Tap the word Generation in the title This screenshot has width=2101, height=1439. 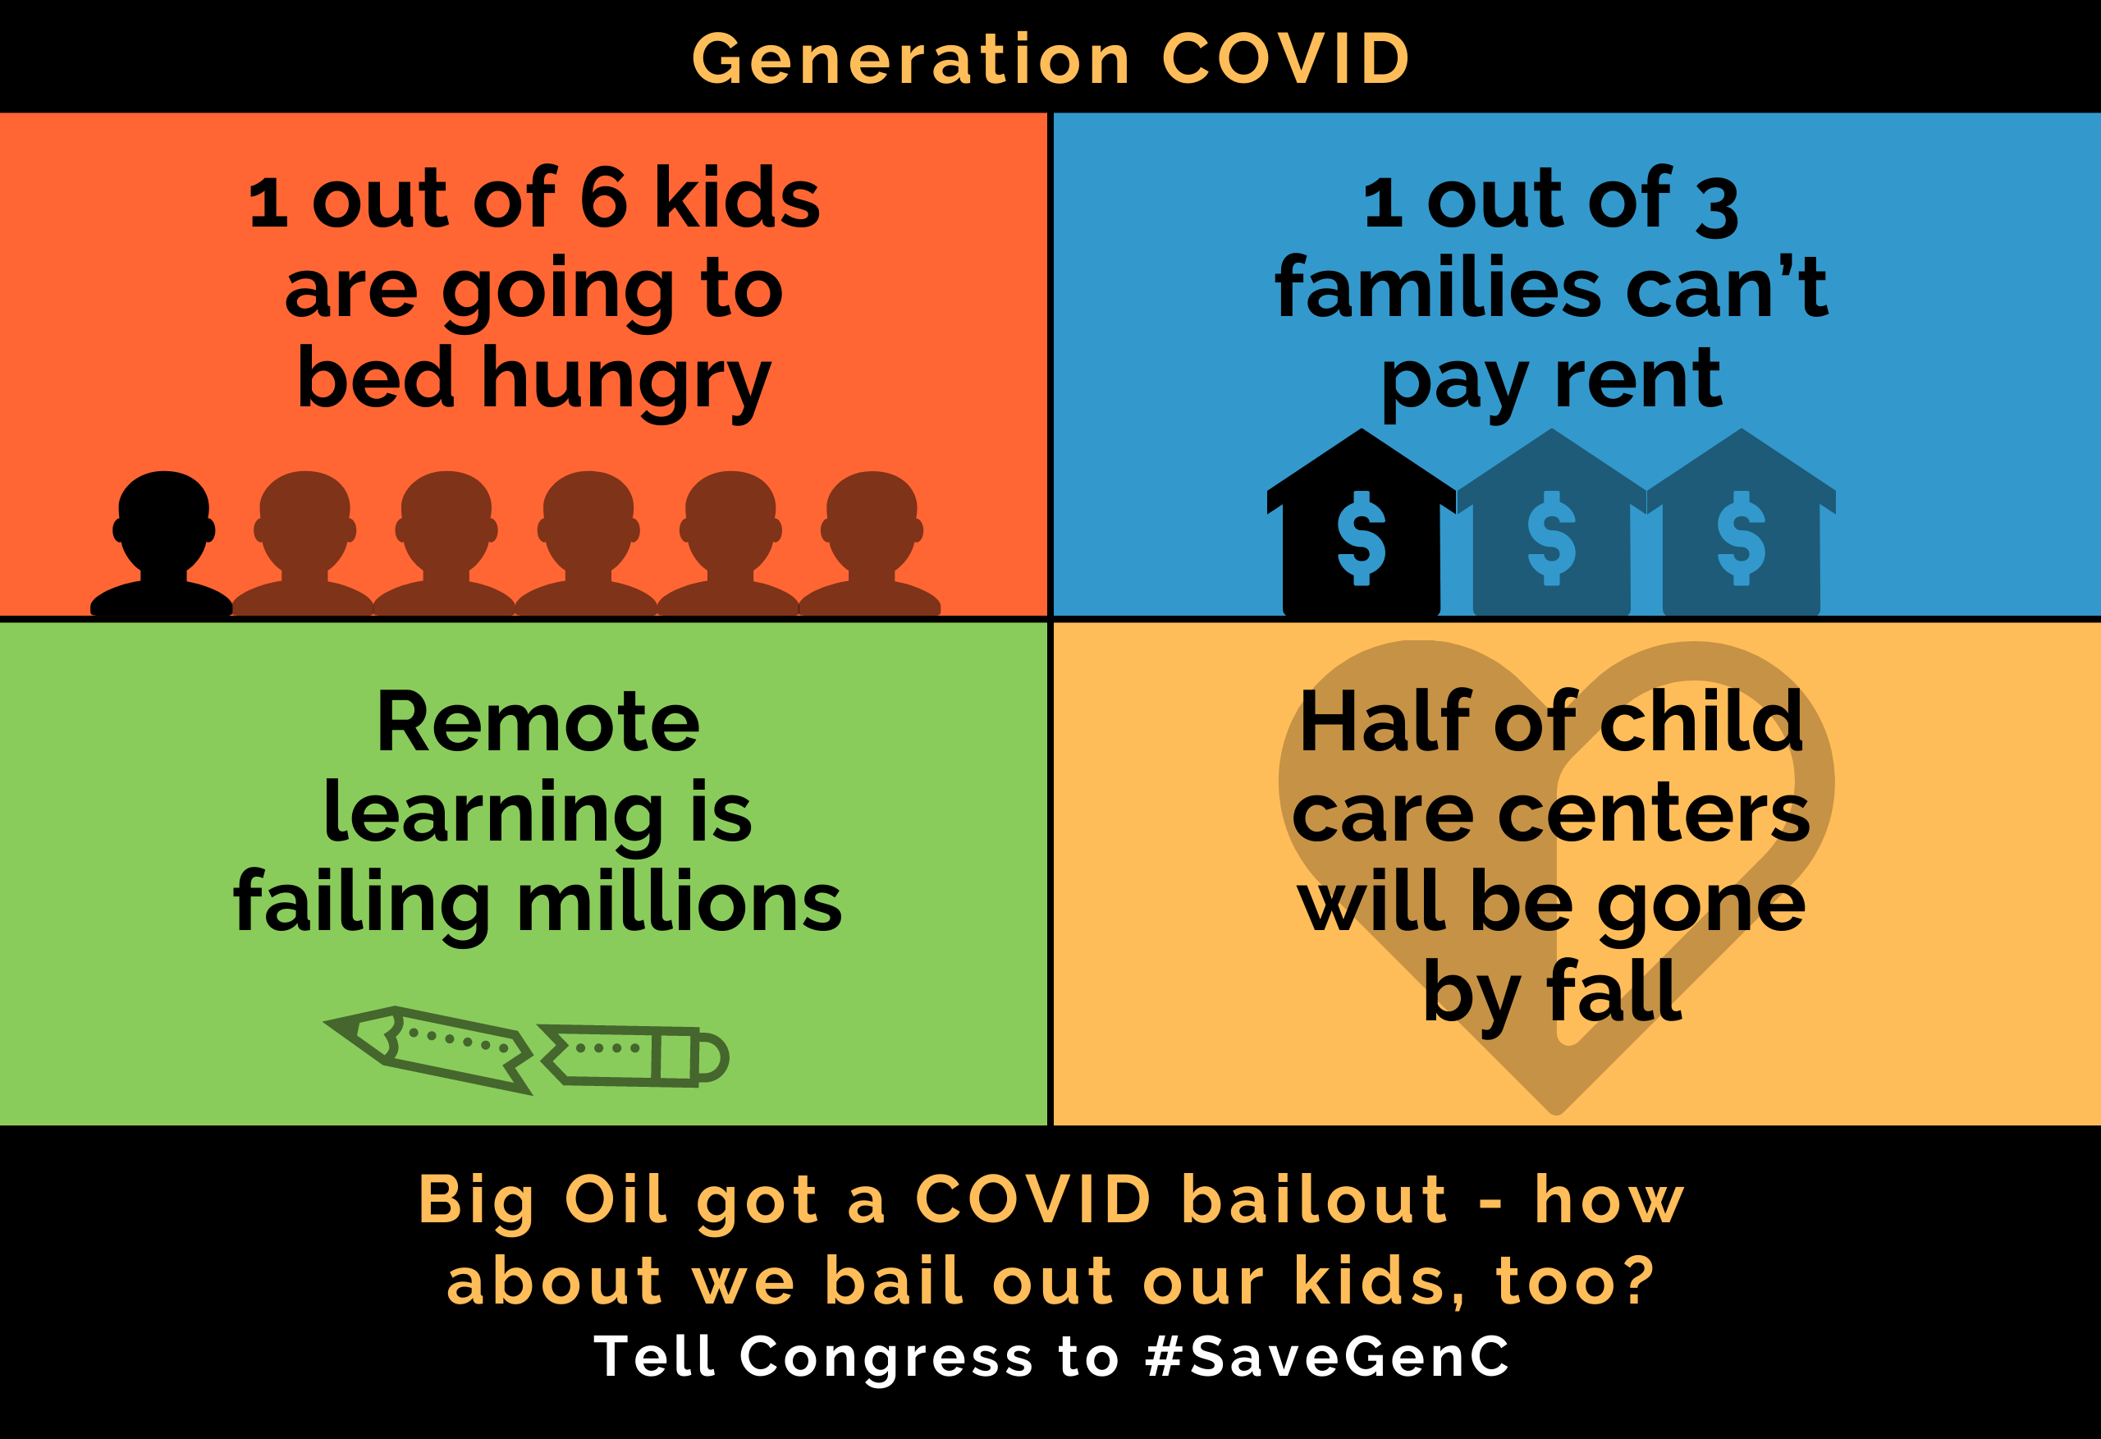pyautogui.click(x=911, y=60)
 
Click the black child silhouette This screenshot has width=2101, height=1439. pyautogui.click(x=162, y=543)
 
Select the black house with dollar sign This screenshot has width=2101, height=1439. pyautogui.click(x=1362, y=523)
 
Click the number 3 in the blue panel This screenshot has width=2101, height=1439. pyautogui.click(x=1717, y=207)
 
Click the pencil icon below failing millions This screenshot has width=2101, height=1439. pyautogui.click(x=428, y=1049)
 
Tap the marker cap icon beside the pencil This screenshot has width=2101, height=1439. pyautogui.click(x=633, y=1056)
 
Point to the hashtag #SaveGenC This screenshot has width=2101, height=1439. pyautogui.click(x=1327, y=1357)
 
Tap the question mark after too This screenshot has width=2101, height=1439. pyautogui.click(x=1636, y=1281)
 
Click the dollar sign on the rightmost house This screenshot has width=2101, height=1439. pyautogui.click(x=1742, y=538)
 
